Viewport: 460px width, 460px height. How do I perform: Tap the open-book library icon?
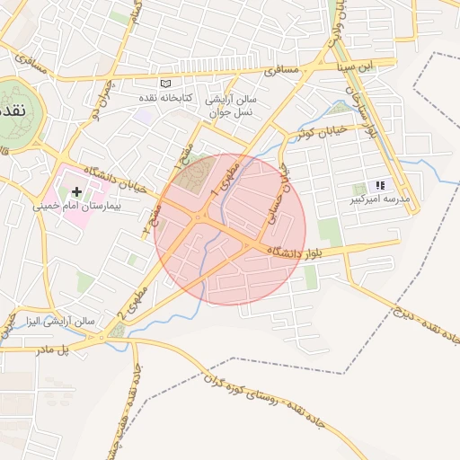(x=164, y=84)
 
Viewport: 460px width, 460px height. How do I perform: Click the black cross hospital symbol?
(x=77, y=191)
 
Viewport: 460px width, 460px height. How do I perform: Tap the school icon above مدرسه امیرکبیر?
(x=379, y=185)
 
